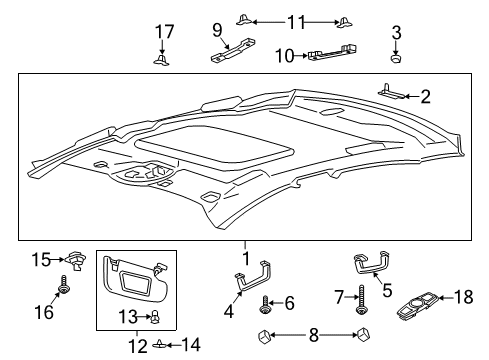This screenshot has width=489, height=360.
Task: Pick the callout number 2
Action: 425,97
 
